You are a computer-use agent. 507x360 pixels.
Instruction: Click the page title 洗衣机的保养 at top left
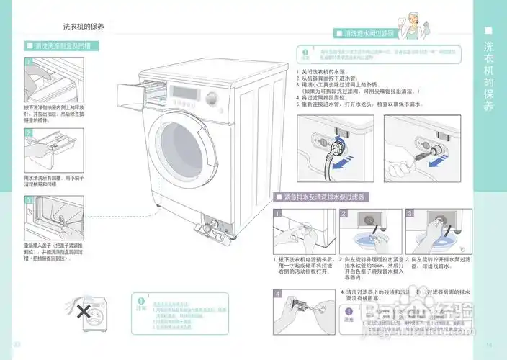coord(84,26)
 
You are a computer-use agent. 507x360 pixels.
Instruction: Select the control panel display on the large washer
coord(180,91)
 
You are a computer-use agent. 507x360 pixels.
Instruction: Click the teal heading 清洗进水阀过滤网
coord(369,33)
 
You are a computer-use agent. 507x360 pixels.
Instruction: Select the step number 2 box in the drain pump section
coord(344,214)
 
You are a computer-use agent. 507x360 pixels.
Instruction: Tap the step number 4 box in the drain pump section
coord(278,293)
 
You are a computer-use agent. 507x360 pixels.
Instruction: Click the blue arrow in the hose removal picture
coord(347,156)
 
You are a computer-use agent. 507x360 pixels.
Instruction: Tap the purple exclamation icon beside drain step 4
coord(349,310)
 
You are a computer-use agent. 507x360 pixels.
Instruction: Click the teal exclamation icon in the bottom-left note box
coord(141,302)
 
